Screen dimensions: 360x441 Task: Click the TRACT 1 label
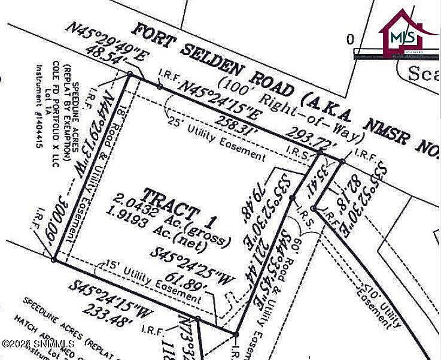171,204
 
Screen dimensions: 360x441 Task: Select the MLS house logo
402,34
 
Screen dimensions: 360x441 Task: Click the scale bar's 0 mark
350,40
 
